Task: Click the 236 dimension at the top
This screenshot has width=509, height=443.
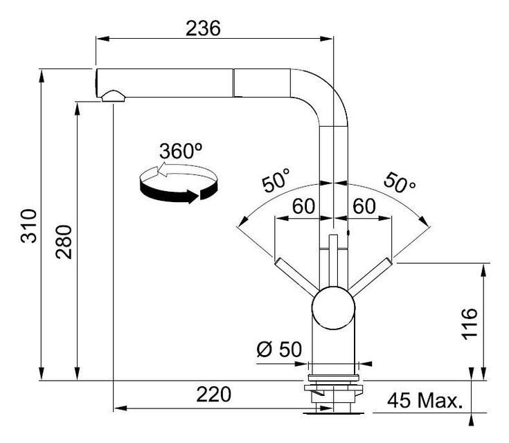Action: [203, 28]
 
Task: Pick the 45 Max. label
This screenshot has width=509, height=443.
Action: [425, 401]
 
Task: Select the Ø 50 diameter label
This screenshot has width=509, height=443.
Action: [279, 350]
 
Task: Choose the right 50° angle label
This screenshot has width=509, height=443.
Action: [400, 182]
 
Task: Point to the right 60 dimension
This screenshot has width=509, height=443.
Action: [364, 206]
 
